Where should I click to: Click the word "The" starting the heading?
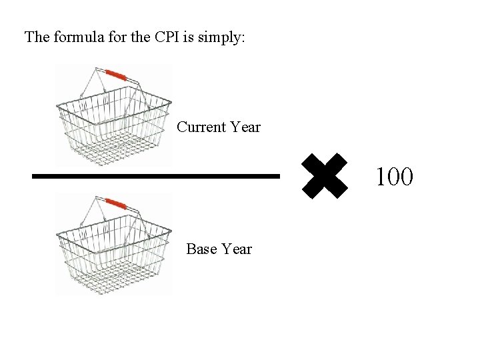(x=37, y=37)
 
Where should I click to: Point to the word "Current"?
(x=201, y=127)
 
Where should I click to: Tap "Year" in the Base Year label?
(x=237, y=249)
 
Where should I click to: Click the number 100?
(x=394, y=177)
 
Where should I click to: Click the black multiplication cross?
(x=325, y=177)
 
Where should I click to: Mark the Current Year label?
(x=219, y=127)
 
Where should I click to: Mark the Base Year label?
(x=219, y=249)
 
